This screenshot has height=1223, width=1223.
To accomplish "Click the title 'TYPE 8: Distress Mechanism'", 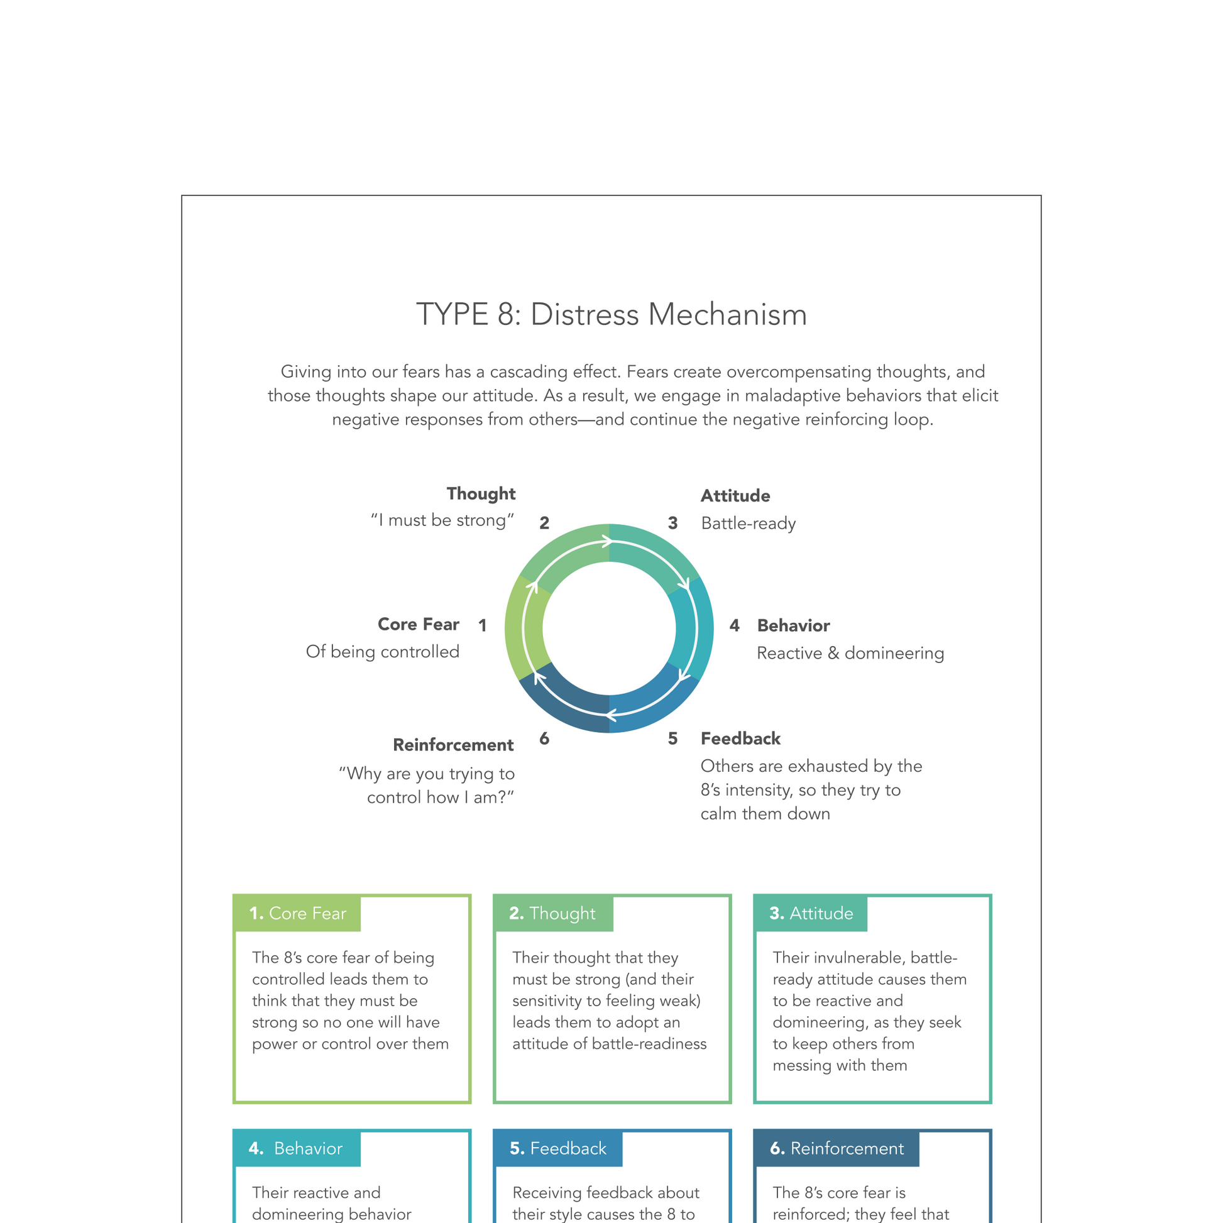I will [x=611, y=315].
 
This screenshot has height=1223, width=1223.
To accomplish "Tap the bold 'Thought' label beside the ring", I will [x=481, y=494].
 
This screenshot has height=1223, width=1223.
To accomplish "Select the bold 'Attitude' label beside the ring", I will [x=735, y=496].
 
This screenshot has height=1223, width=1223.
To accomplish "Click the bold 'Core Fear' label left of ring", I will [x=419, y=624].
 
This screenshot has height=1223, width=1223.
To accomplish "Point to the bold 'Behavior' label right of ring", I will [x=793, y=625].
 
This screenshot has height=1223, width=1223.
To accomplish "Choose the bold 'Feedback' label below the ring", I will [x=740, y=738].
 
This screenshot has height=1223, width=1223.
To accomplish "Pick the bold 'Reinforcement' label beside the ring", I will [x=453, y=745].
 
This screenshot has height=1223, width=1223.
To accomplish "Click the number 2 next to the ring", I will [x=544, y=523].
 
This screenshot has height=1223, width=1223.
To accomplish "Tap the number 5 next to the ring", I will [x=673, y=738].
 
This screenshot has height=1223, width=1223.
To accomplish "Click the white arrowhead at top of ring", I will [x=607, y=542].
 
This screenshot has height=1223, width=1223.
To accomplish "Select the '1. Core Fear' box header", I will [x=297, y=913].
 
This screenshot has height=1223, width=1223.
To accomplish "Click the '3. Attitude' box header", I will [x=811, y=913].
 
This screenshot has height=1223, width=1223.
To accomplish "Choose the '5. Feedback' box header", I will [x=557, y=1148].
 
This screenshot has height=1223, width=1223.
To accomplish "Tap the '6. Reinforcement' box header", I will [x=836, y=1148].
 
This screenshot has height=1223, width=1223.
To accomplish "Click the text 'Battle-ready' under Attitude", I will [x=749, y=524].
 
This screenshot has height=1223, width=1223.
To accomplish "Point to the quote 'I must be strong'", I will [x=442, y=520].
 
